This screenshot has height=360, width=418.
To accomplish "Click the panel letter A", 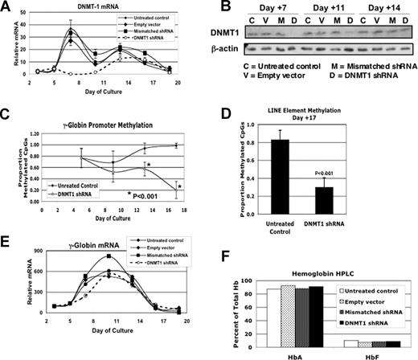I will [6, 7].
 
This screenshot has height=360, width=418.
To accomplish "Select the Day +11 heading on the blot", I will [328, 8].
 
